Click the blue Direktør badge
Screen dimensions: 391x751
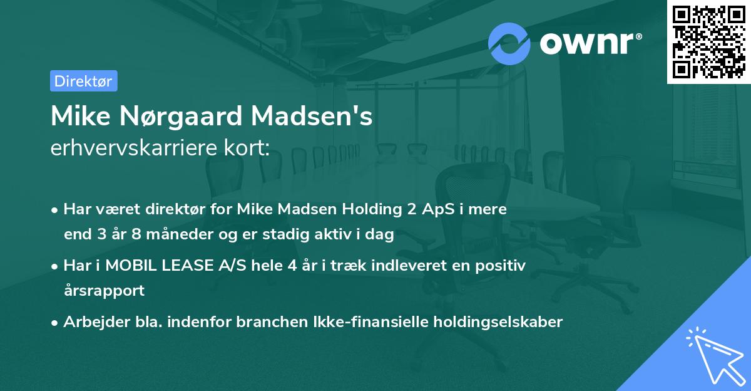tap(83, 81)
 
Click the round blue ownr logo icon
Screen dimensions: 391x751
tap(509, 43)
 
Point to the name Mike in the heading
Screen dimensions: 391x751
tap(76, 117)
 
